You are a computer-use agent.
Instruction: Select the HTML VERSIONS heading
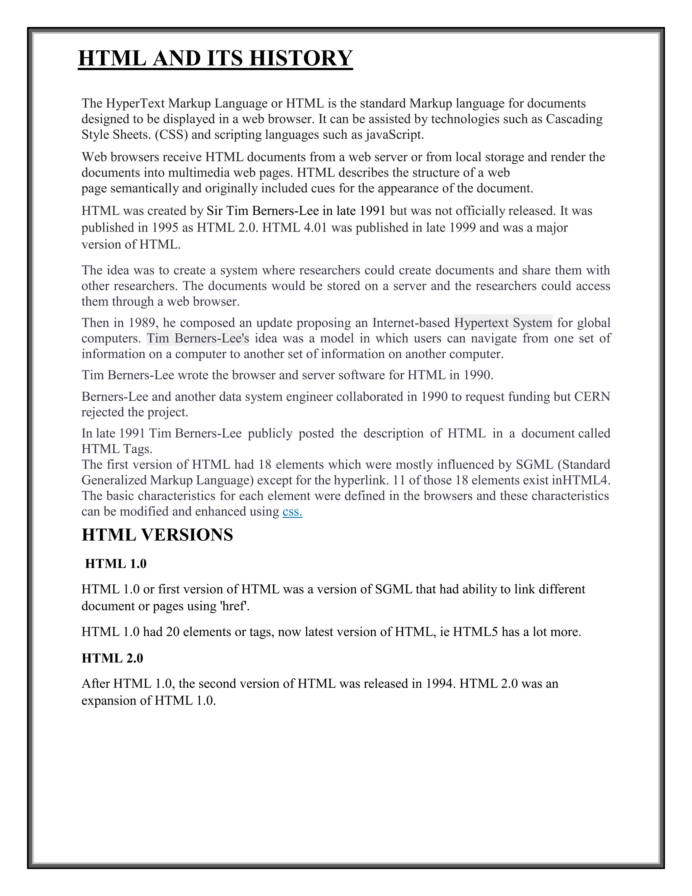point(157,535)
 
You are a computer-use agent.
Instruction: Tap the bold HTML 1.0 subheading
point(116,564)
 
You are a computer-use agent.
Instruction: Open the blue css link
point(292,512)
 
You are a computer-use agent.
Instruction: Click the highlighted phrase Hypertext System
point(503,323)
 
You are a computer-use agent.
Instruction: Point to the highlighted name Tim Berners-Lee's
point(198,338)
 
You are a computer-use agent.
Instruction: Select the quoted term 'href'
point(235,606)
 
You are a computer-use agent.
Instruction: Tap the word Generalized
point(114,480)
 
